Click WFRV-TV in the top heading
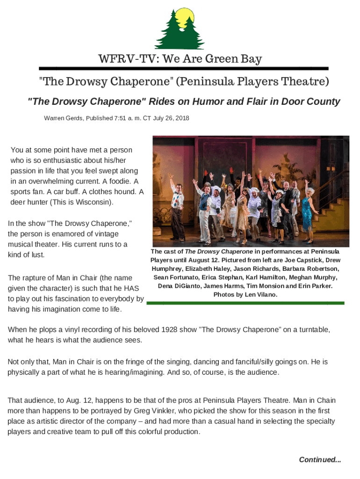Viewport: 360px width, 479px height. point(117,59)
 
